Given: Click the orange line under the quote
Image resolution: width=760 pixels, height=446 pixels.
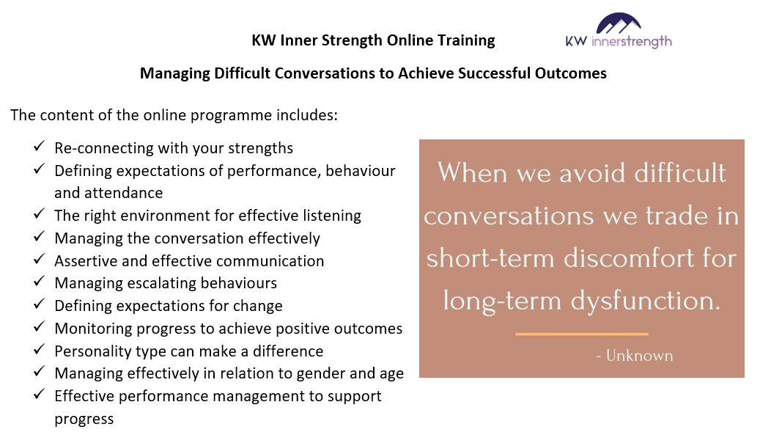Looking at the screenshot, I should click(582, 334).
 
